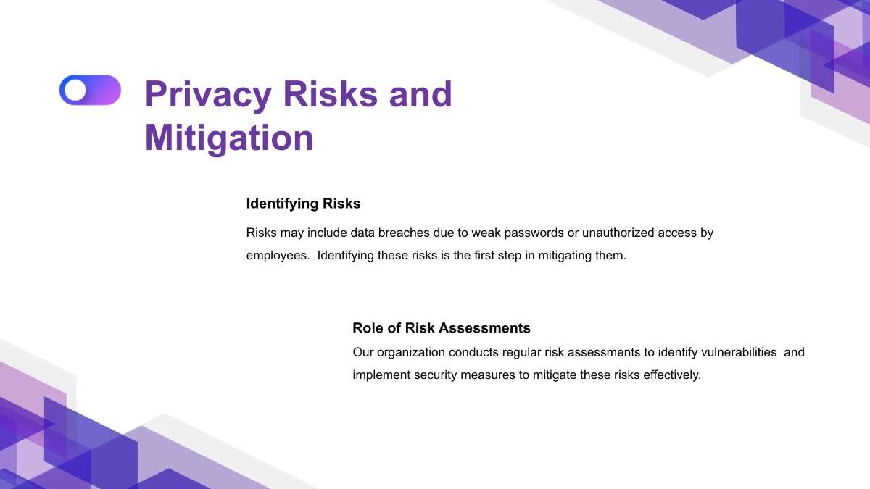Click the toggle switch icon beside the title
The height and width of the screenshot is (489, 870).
point(90,90)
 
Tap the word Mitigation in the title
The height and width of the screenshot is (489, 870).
point(229,138)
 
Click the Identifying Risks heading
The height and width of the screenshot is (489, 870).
point(303,204)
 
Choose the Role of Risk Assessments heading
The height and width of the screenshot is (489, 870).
point(441,328)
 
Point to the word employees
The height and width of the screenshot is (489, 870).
point(277,256)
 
